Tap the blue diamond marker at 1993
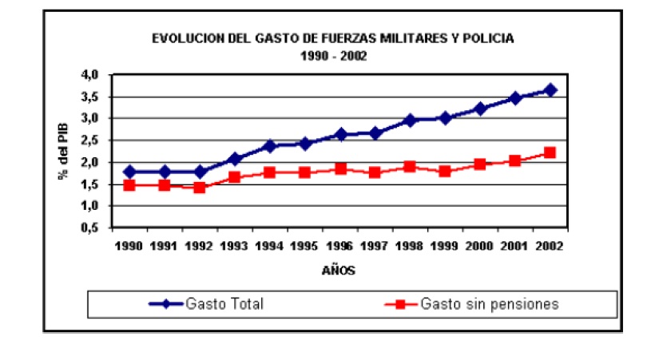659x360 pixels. [x=235, y=159]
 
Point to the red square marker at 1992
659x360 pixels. [x=200, y=188]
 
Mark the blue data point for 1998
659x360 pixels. [x=411, y=121]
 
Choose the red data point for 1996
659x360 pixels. [x=340, y=168]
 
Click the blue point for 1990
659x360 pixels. [x=129, y=172]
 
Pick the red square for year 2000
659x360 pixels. [x=481, y=164]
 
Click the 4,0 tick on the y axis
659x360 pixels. [x=89, y=75]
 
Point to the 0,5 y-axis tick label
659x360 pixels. [x=89, y=227]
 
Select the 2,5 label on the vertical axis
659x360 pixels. [x=89, y=140]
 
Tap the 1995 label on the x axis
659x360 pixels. [x=305, y=246]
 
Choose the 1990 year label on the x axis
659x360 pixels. [x=129, y=246]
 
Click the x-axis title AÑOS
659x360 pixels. [x=339, y=271]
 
